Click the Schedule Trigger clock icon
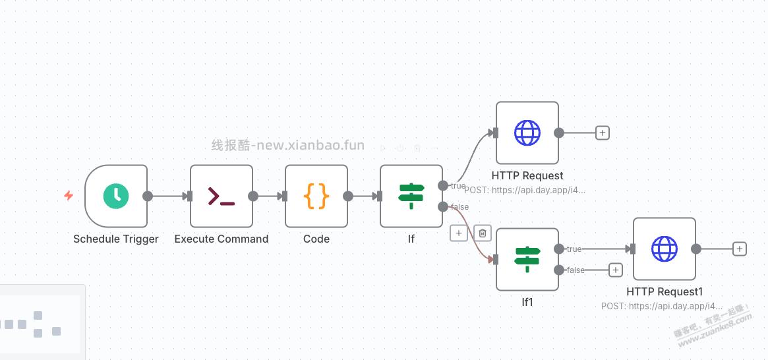(x=116, y=196)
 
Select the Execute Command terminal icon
(x=222, y=196)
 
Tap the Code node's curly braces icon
(x=316, y=196)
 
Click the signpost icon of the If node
(x=411, y=196)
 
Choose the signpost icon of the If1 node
(x=527, y=259)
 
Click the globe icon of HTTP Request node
(x=527, y=133)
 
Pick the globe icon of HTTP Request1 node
(x=665, y=249)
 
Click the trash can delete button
(x=483, y=233)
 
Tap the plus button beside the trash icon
(x=459, y=233)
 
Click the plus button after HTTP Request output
(x=602, y=133)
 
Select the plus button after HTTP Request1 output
(x=740, y=249)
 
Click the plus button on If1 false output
(x=615, y=270)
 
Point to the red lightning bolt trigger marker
(x=69, y=196)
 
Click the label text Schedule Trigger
(x=116, y=239)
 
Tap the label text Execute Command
(x=222, y=239)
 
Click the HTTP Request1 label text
(x=665, y=291)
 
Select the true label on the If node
(x=458, y=186)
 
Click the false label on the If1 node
(x=576, y=270)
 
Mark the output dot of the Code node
(x=348, y=196)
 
